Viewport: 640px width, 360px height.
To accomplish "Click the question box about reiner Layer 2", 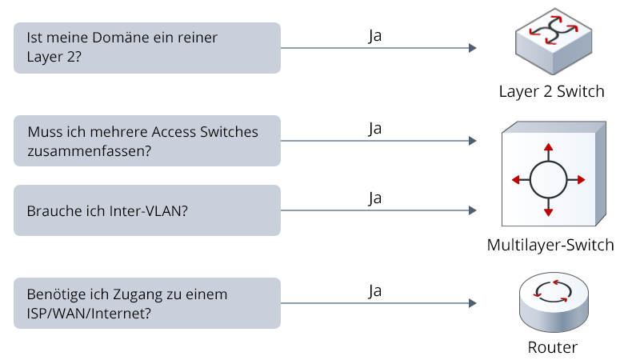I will point(147,48).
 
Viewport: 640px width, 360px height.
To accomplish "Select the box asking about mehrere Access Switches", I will point(147,141).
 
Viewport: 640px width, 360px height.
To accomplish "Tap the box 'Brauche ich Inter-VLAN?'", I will point(147,210).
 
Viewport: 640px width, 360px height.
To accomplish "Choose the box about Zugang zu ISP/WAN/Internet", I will point(147,303).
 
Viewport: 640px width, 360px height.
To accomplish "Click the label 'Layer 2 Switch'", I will point(551,91).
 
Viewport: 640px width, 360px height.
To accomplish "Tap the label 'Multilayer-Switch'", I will point(550,245).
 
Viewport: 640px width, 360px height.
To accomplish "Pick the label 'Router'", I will point(552,347).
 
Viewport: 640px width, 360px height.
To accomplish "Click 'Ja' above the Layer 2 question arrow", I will point(374,35).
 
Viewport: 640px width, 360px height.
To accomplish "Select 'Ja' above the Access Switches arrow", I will point(374,128).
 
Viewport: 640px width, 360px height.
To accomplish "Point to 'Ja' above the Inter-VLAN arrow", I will point(374,198).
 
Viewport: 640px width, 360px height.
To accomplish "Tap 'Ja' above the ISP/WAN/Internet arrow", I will point(374,290).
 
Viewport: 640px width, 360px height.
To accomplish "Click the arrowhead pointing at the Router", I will point(472,304).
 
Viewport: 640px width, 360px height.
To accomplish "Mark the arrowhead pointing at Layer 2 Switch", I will point(472,49).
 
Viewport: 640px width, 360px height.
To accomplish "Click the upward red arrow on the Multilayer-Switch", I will point(548,150).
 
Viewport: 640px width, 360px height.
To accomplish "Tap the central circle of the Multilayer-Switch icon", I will point(548,179).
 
